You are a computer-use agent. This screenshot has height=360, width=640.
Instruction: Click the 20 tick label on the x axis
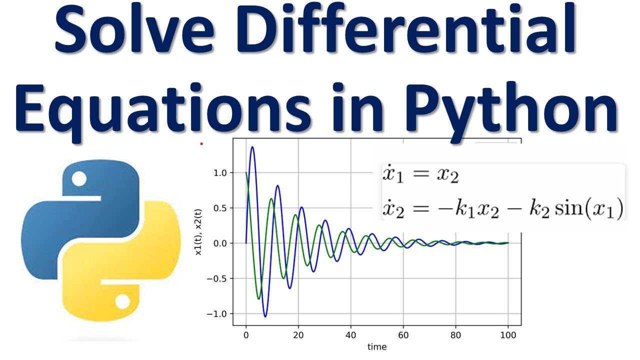coord(298,335)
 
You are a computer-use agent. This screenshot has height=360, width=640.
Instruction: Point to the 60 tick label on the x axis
coord(403,335)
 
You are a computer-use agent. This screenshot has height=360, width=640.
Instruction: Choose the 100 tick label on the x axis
coord(508,335)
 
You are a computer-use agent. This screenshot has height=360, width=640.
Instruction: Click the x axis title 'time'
coord(377,346)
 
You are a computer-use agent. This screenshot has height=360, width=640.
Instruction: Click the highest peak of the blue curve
coord(252,147)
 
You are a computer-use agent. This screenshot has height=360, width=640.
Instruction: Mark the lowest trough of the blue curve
coord(265,316)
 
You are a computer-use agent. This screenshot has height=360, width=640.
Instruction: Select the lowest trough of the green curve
coord(259,298)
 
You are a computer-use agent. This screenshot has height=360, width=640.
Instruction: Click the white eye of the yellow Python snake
coord(122,302)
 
